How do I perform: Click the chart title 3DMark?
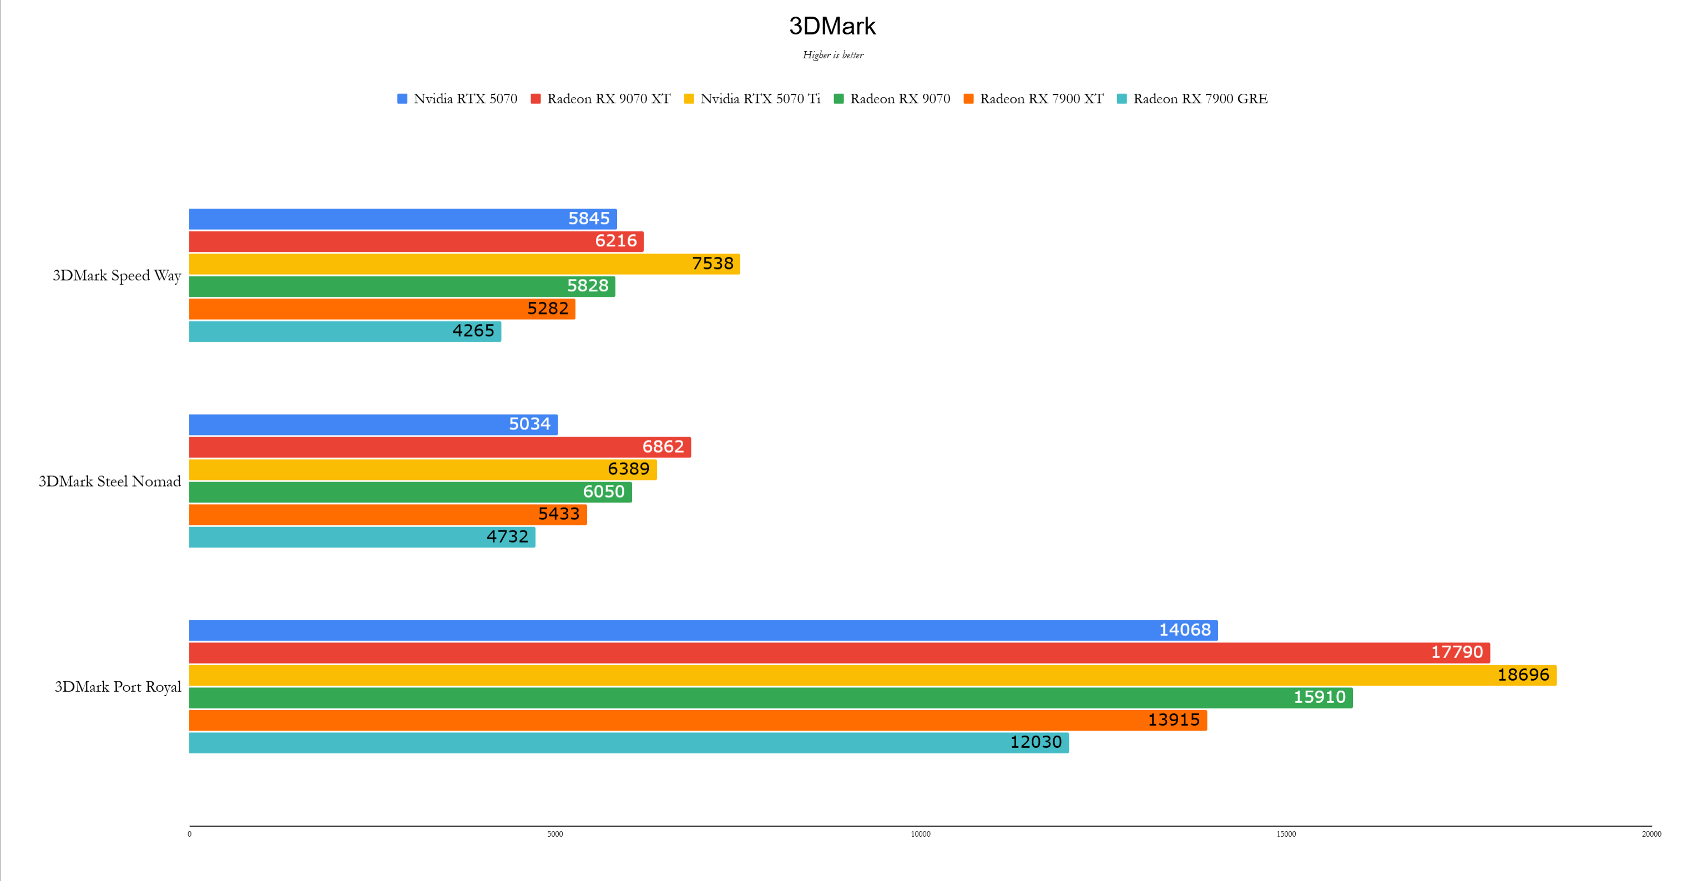[832, 26]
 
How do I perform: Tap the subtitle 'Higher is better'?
[833, 55]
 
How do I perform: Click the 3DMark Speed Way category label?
[117, 276]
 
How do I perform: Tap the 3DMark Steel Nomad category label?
[110, 481]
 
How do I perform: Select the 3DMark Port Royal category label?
[118, 687]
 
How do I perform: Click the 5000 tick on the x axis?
[555, 834]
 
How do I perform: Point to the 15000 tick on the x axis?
[1286, 834]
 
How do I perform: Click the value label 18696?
[1523, 675]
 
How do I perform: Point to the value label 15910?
[1319, 697]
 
